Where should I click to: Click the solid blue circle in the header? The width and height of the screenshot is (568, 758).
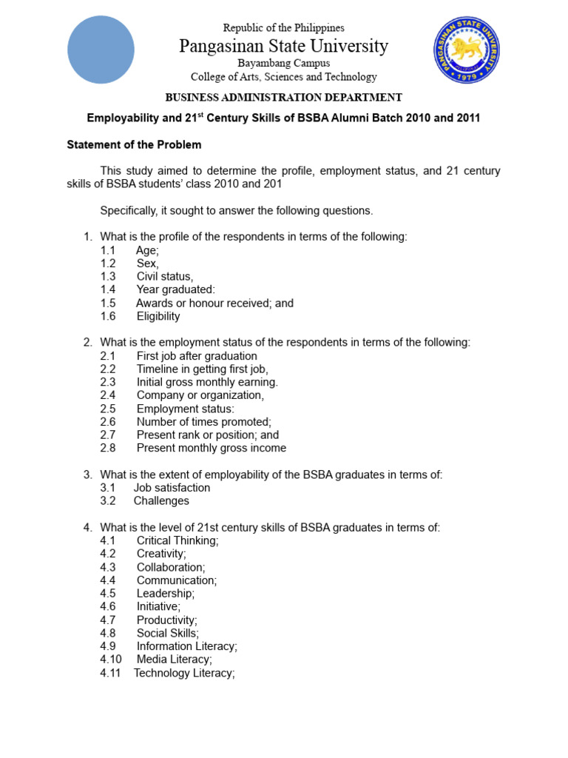pos(101,50)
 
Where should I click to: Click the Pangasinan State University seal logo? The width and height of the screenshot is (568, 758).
pos(467,50)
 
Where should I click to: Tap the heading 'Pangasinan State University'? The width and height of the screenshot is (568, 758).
pos(283,46)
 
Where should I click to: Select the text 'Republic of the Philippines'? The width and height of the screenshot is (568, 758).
pos(283,28)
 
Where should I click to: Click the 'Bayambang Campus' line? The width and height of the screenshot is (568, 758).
pos(283,64)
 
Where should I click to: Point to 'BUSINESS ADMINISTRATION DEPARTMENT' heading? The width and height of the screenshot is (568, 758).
pos(283,97)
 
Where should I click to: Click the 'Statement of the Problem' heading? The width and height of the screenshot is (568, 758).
pos(134,144)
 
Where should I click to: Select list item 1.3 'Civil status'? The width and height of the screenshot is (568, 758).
pos(164,277)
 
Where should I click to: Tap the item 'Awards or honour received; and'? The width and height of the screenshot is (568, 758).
pos(214,303)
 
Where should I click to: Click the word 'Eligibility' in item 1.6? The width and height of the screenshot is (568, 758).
pos(158,316)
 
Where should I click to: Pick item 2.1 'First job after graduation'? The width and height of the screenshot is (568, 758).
pos(197,356)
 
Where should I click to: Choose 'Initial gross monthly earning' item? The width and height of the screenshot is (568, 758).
pos(207,382)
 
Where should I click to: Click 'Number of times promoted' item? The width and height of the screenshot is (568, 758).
pos(203,422)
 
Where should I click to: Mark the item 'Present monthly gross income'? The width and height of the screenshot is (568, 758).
pos(211,448)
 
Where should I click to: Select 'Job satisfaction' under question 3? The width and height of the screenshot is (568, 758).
pos(172,488)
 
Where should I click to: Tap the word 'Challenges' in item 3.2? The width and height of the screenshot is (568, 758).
pos(161,501)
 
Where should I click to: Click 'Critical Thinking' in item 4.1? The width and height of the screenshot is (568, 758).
pos(177,540)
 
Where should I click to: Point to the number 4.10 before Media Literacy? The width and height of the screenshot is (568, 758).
pos(111,660)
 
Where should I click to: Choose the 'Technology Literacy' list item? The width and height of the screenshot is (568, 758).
pos(184,673)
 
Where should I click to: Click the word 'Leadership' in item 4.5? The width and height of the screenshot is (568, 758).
pos(166,594)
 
